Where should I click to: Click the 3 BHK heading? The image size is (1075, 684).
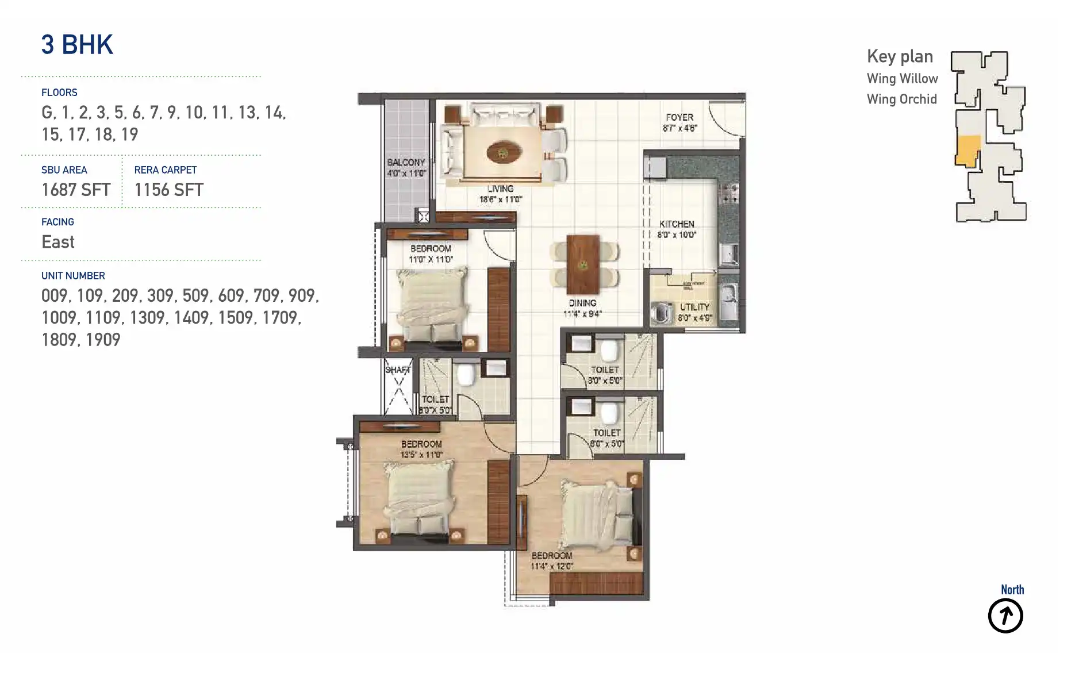77,45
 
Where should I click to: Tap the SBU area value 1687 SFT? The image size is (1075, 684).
75,190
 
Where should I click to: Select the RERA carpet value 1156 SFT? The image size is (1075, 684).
168,190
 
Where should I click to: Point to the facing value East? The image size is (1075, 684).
58,242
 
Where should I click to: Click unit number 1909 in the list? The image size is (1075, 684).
103,340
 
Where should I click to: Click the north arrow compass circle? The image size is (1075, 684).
1005,616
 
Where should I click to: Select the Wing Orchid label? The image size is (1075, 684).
901,99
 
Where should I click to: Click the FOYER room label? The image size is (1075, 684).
679,117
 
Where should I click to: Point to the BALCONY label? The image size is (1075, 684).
406,163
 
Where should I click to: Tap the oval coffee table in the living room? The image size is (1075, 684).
504,153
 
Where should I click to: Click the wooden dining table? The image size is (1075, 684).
582,264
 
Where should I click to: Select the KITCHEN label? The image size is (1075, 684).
677,224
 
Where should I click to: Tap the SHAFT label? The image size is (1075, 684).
398,370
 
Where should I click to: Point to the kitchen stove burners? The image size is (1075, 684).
730,194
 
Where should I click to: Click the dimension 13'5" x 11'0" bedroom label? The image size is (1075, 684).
421,455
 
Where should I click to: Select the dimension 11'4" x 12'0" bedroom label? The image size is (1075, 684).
551,566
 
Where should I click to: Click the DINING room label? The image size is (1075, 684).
582,303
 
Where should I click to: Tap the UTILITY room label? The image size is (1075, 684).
694,307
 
